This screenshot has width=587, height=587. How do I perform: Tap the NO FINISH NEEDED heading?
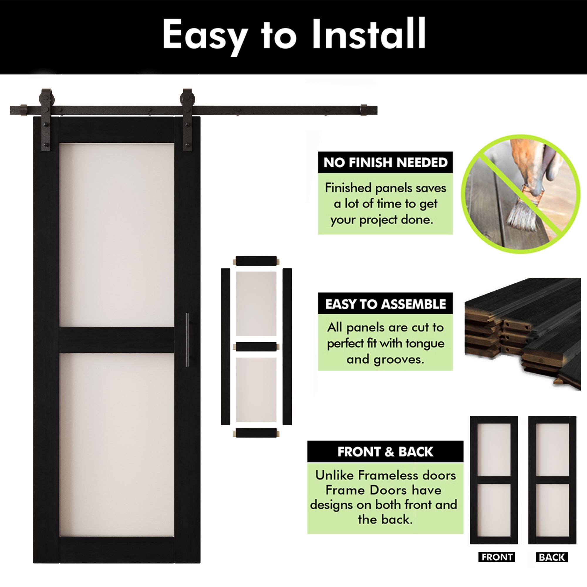coord(385,163)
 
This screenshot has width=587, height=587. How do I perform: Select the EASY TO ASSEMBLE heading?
coord(385,304)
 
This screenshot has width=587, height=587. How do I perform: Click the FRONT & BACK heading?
coord(385,452)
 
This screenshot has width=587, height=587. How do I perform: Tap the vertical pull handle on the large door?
coord(187,340)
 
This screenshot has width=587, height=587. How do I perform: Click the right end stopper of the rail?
coord(364,110)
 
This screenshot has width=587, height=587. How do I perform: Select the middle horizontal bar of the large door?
coord(117,340)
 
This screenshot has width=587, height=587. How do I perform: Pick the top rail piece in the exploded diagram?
coord(256,261)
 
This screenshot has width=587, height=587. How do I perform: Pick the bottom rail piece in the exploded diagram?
coord(256,433)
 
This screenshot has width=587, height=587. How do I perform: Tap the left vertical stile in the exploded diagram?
coord(225,346)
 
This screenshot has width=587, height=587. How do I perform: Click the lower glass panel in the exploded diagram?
coord(256,389)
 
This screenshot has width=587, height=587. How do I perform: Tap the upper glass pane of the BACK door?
coord(552,449)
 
